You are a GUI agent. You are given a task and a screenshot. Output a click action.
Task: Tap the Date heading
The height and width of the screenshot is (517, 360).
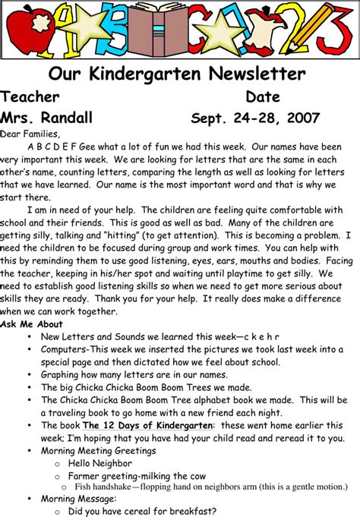click(263, 97)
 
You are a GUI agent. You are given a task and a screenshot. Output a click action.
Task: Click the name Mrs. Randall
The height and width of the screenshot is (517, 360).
click(46, 118)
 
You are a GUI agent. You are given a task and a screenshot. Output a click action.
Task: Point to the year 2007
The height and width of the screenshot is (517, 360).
click(301, 118)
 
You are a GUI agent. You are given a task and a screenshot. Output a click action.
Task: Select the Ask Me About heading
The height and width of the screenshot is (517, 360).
click(31, 324)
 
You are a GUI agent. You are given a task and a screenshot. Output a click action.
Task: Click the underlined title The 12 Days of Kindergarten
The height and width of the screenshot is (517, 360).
click(147, 426)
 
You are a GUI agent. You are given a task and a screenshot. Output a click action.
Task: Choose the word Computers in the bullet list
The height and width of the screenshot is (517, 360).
click(65, 349)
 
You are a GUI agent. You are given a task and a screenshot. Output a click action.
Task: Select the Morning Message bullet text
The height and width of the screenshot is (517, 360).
click(79, 499)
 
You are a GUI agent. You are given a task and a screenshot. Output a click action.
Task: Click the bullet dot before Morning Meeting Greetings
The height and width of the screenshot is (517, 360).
click(29, 451)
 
